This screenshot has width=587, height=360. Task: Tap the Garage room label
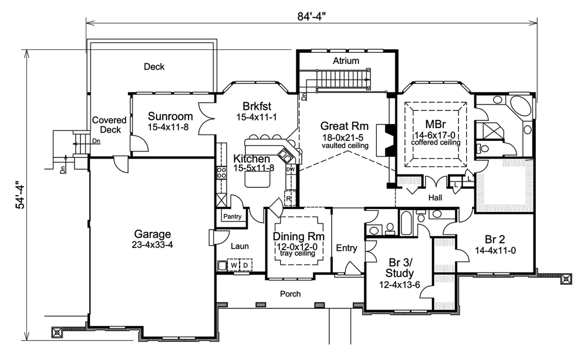(x=151, y=233)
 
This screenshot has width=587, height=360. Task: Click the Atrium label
(x=346, y=61)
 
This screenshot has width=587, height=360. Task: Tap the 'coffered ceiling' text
(x=434, y=142)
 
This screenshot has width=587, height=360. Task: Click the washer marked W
(x=233, y=265)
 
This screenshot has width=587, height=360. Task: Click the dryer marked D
(x=245, y=265)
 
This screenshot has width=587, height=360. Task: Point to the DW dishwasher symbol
(x=289, y=170)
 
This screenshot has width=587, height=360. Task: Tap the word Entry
(x=346, y=248)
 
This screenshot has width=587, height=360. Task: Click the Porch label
(x=290, y=294)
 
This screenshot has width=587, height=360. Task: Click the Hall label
(x=435, y=198)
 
